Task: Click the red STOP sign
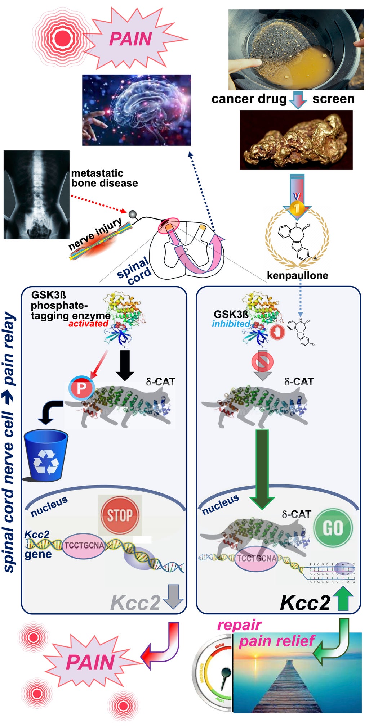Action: (120, 515)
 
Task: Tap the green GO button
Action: (333, 528)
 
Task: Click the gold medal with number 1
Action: (297, 207)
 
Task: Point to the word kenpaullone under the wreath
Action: (297, 275)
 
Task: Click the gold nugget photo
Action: (296, 140)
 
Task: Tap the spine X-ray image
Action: (36, 195)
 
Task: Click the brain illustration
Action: (136, 110)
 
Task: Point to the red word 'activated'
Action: (88, 324)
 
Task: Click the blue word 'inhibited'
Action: (231, 324)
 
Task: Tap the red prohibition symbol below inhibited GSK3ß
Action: (262, 361)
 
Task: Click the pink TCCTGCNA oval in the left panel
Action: (84, 546)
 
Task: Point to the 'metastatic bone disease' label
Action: (104, 178)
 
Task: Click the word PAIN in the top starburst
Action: (130, 39)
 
